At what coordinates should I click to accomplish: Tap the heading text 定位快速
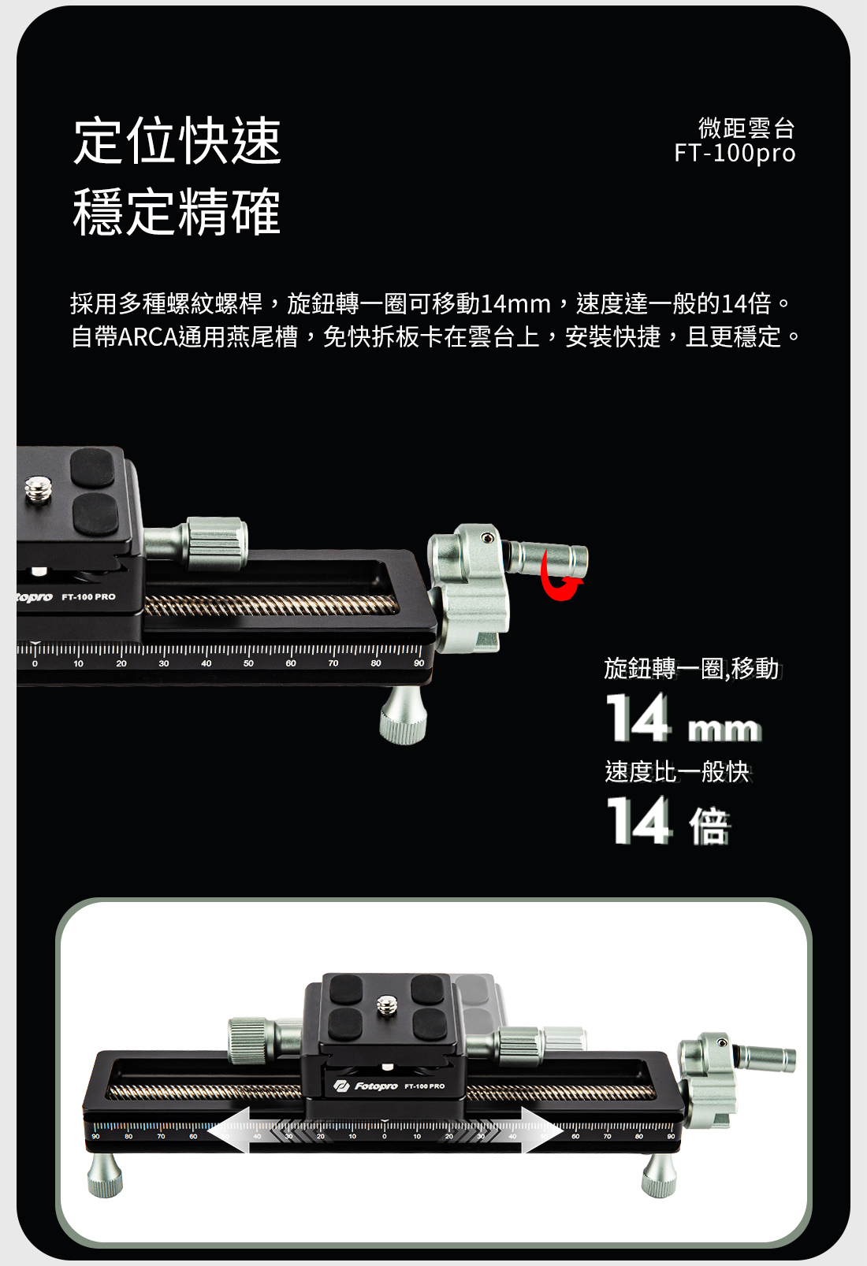pyautogui.click(x=177, y=141)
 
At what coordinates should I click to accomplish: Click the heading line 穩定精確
pyautogui.click(x=177, y=211)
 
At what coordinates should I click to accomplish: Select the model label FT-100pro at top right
pyautogui.click(x=735, y=153)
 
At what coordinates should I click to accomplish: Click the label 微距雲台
pyautogui.click(x=746, y=128)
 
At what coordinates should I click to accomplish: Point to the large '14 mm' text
pyautogui.click(x=683, y=717)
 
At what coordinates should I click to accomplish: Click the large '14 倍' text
pyautogui.click(x=668, y=821)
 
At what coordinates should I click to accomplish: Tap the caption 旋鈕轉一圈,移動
pyautogui.click(x=692, y=669)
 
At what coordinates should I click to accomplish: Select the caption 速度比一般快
pyautogui.click(x=677, y=771)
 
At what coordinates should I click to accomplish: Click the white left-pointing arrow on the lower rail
pyautogui.click(x=229, y=1130)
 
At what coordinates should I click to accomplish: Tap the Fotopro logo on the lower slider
pyautogui.click(x=366, y=1086)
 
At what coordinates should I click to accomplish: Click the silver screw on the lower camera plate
pyautogui.click(x=387, y=1005)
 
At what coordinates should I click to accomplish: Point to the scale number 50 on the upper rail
pyautogui.click(x=248, y=663)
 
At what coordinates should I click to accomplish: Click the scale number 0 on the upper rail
pyautogui.click(x=35, y=663)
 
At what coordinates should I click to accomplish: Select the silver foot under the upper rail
pyautogui.click(x=403, y=715)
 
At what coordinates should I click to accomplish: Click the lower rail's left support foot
pyautogui.click(x=105, y=1175)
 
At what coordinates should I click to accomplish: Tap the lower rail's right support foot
pyautogui.click(x=659, y=1175)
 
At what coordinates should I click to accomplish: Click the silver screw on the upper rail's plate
pyautogui.click(x=38, y=489)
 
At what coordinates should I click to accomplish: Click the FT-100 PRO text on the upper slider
pyautogui.click(x=89, y=597)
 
